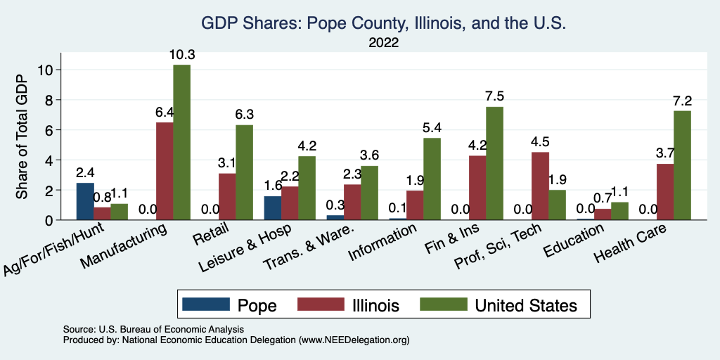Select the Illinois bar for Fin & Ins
[477, 188]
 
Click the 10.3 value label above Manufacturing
[181, 54]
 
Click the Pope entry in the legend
[229, 305]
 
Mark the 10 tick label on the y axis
[46, 70]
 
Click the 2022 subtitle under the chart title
[383, 43]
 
